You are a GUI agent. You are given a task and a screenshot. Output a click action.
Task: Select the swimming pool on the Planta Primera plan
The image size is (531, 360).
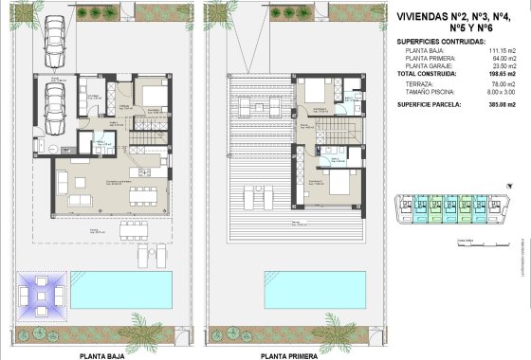pos(314,290)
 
